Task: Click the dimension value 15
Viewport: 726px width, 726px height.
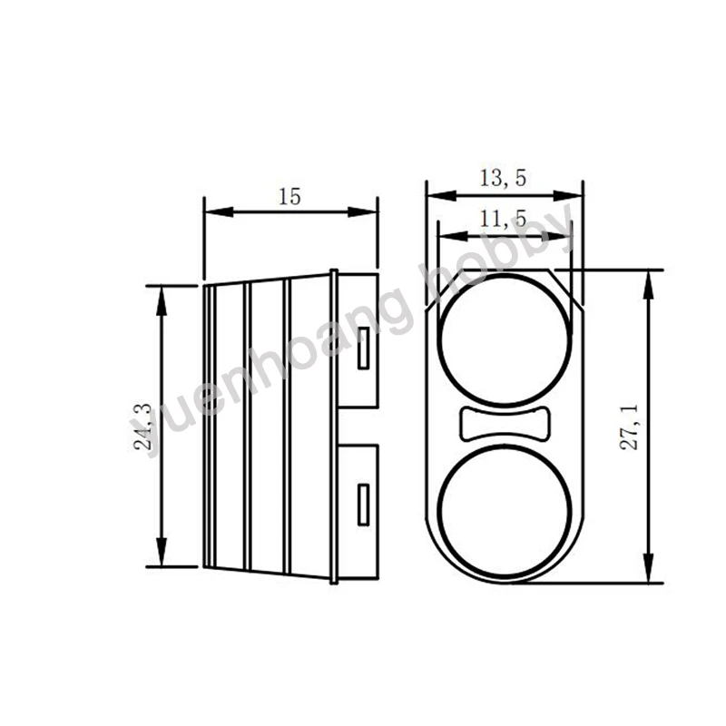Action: [x=289, y=196]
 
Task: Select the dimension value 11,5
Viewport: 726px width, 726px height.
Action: [x=504, y=219]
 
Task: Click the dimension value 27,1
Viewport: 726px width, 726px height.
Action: [x=633, y=427]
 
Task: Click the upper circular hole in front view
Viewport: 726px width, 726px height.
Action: [x=505, y=336]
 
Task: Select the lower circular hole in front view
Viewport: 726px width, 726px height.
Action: [x=505, y=513]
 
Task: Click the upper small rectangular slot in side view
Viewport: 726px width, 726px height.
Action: [x=364, y=348]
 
